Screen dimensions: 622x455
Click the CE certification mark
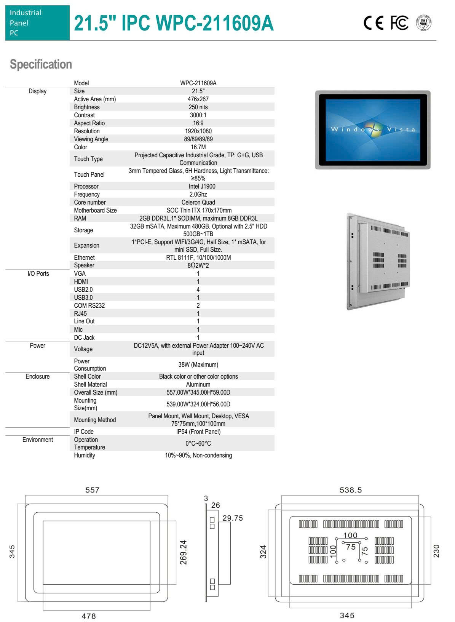coord(374,23)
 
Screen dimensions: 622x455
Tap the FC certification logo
coord(399,23)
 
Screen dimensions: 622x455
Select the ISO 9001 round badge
coord(423,23)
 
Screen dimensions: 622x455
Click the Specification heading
coord(41,64)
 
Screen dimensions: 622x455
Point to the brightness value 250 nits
coord(198,107)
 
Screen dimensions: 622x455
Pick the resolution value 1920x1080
coord(198,131)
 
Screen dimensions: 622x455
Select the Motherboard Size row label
coord(95,210)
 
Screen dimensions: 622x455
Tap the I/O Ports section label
coord(38,273)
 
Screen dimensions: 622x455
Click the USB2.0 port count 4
coord(198,289)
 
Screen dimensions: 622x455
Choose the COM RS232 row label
coord(89,305)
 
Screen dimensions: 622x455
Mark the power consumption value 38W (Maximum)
coord(198,365)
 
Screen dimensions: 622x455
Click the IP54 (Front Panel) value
coord(198,432)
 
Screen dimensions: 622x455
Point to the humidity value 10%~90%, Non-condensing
coord(198,455)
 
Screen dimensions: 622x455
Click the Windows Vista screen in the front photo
coord(373,130)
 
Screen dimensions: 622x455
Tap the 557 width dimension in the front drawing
coord(92,490)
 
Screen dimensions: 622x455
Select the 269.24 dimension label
coord(184,552)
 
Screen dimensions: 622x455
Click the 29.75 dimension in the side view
coord(233,518)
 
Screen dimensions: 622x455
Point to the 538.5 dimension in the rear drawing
coord(350,490)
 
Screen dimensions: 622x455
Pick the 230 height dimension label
coord(436,551)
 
